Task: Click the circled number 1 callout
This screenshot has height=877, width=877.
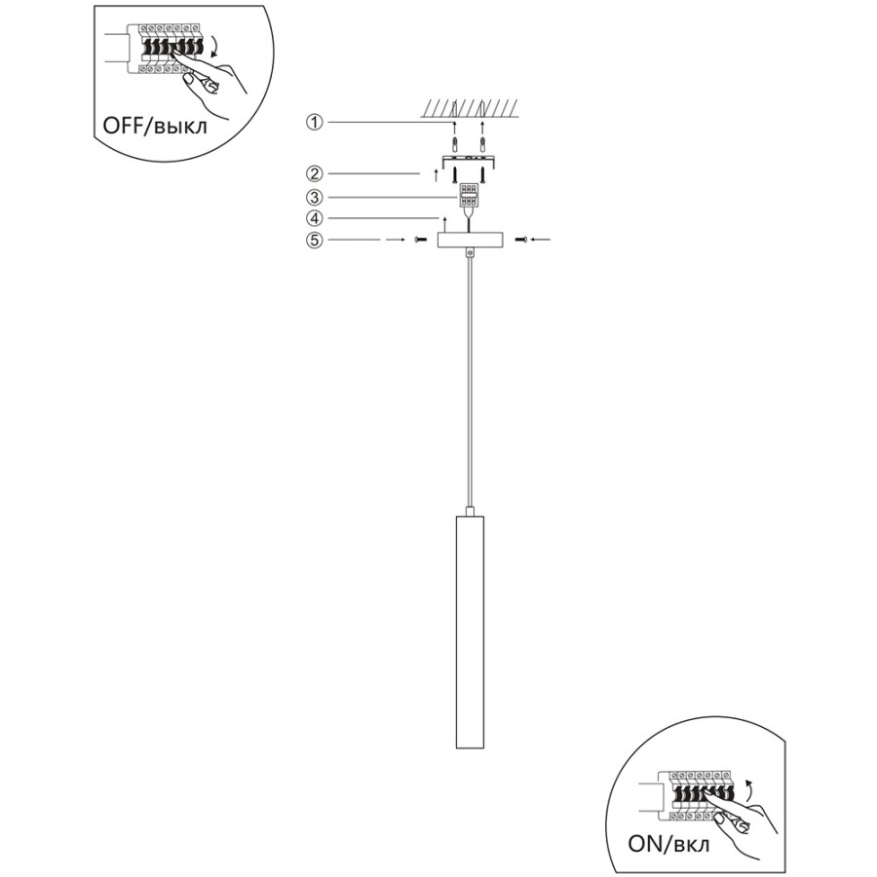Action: pyautogui.click(x=315, y=122)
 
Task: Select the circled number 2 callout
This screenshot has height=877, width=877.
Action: pyautogui.click(x=315, y=174)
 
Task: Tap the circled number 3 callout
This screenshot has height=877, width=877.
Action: pyautogui.click(x=315, y=198)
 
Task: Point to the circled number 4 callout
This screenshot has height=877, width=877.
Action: pyautogui.click(x=315, y=217)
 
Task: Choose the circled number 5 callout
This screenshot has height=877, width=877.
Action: pyautogui.click(x=315, y=240)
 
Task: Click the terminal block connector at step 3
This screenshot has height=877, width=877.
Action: pyautogui.click(x=469, y=196)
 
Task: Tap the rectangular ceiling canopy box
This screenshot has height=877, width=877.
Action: pyautogui.click(x=470, y=240)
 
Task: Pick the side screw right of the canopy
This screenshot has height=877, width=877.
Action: pyautogui.click(x=520, y=240)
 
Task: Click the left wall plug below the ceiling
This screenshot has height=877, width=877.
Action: pyautogui.click(x=454, y=144)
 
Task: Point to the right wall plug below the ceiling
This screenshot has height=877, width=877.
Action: pyautogui.click(x=482, y=144)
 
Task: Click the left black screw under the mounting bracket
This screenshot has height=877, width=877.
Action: pyautogui.click(x=455, y=174)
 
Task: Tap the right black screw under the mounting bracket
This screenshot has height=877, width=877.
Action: pyautogui.click(x=482, y=174)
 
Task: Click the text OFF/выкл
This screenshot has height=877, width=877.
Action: pyautogui.click(x=155, y=126)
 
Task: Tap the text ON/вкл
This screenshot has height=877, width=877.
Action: pyautogui.click(x=668, y=844)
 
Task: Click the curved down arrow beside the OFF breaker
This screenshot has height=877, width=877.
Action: pyautogui.click(x=213, y=48)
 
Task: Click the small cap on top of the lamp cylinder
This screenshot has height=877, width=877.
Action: pyautogui.click(x=471, y=512)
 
